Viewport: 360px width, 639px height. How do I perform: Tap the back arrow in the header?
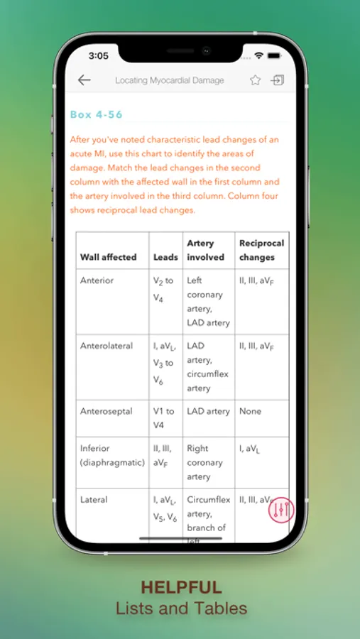pyautogui.click(x=84, y=80)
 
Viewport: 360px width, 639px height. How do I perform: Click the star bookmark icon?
pyautogui.click(x=255, y=80)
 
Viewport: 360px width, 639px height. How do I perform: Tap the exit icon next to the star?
pyautogui.click(x=277, y=80)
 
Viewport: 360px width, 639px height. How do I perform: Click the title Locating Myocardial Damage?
pyautogui.click(x=170, y=81)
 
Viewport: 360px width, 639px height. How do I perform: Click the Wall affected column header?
pyautogui.click(x=109, y=257)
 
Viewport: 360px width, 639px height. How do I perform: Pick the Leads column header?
pyautogui.click(x=165, y=257)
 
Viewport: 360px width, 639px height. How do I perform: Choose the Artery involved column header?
pyautogui.click(x=205, y=250)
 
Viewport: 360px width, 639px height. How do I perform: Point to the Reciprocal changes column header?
pyautogui.click(x=261, y=250)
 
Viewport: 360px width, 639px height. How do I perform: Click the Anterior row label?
pyautogui.click(x=97, y=280)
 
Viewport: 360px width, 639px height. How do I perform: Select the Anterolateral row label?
pyautogui.click(x=107, y=346)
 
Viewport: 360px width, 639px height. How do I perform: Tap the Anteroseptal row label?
pyautogui.click(x=107, y=411)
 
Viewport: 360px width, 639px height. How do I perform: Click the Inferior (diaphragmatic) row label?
pyautogui.click(x=112, y=455)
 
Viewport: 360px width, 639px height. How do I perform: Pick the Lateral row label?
pyautogui.click(x=94, y=500)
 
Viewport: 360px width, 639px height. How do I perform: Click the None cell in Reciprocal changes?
pyautogui.click(x=250, y=411)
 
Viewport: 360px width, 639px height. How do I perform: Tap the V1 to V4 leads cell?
pyautogui.click(x=163, y=418)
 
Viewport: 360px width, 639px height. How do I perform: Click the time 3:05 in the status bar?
pyautogui.click(x=99, y=55)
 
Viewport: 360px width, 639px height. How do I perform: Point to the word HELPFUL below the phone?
pyautogui.click(x=181, y=587)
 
